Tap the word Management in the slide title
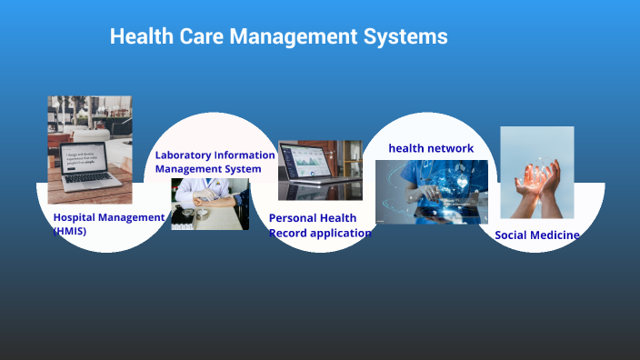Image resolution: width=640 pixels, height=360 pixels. point(290,37)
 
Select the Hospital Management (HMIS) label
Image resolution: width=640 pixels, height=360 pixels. point(108,224)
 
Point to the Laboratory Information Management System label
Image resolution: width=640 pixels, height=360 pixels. point(215,162)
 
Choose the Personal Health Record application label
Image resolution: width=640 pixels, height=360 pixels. point(320,225)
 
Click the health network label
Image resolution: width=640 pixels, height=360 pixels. point(431,148)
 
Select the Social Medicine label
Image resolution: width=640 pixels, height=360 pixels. point(536,235)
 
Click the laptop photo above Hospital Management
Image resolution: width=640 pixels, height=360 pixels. point(90,150)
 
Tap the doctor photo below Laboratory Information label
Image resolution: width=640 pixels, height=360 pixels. point(210,204)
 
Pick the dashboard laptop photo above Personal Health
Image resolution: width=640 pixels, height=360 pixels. point(320,170)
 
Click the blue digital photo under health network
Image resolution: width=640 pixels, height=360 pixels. point(431,193)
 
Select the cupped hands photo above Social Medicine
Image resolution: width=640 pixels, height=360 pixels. point(536,173)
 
